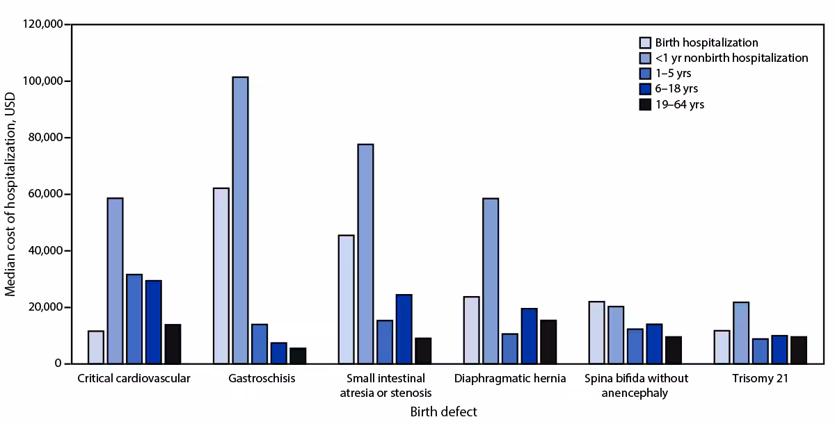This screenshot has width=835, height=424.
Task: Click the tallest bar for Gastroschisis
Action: pyautogui.click(x=240, y=220)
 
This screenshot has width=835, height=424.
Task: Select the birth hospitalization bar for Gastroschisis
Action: pyautogui.click(x=221, y=275)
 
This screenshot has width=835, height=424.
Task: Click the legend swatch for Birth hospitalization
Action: pyautogui.click(x=644, y=43)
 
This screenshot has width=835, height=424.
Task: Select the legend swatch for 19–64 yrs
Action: pyautogui.click(x=644, y=104)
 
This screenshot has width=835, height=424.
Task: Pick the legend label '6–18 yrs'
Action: pyautogui.click(x=676, y=89)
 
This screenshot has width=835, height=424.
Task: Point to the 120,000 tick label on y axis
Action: pyautogui.click(x=42, y=25)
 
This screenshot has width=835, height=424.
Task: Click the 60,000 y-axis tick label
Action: pyautogui.click(x=45, y=195)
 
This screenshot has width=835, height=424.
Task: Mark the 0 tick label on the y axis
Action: pyautogui.click(x=58, y=364)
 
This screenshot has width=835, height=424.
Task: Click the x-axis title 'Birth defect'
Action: pyautogui.click(x=443, y=412)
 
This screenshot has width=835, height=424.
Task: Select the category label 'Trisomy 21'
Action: pyautogui.click(x=760, y=379)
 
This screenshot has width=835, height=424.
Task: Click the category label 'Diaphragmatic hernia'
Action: pyautogui.click(x=509, y=379)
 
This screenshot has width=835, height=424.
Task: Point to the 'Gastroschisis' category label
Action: pyautogui.click(x=262, y=379)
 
